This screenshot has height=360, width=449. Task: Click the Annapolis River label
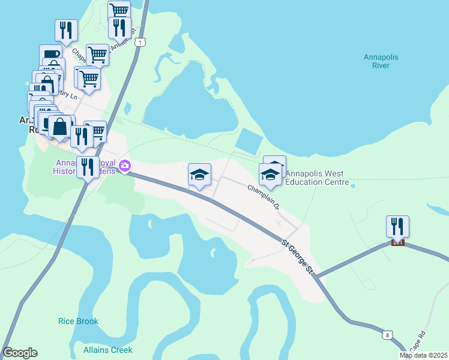[381, 61]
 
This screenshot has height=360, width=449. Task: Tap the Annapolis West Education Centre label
[317, 178]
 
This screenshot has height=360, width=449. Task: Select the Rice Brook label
[78, 321]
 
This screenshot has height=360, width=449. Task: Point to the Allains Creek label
[108, 350]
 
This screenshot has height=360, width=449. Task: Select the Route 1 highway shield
[140, 42]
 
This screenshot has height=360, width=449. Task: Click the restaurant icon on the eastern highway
[397, 226]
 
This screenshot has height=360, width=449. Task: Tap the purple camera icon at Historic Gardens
[125, 166]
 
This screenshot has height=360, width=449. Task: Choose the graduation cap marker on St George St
[200, 175]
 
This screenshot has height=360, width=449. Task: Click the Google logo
[20, 353]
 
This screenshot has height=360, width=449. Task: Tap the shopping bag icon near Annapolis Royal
[60, 127]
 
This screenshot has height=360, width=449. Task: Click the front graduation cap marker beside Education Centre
[270, 175]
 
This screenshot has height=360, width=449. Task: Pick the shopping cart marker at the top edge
[119, 10]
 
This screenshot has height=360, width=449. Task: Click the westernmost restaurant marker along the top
[66, 30]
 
